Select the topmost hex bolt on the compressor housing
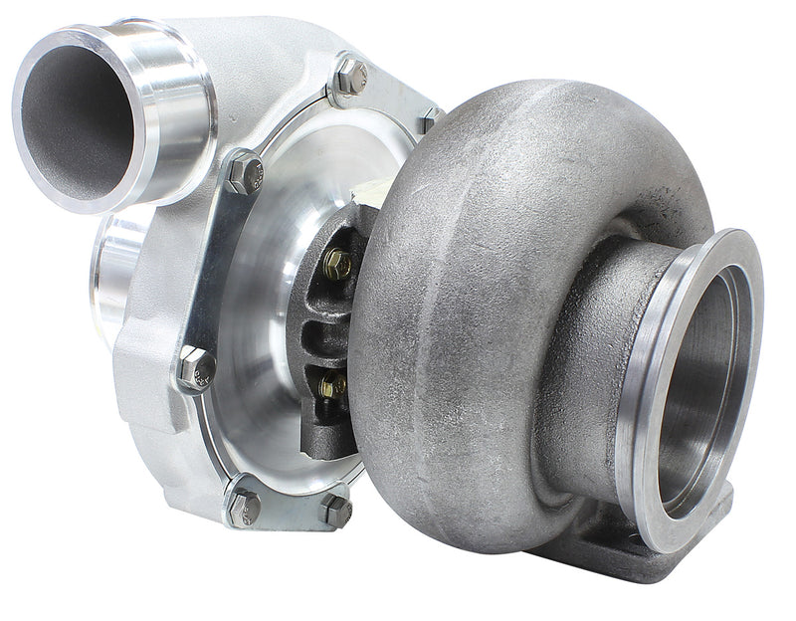[349, 76]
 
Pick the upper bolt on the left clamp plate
[244, 174]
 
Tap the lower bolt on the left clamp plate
[195, 368]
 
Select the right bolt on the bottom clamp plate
[336, 510]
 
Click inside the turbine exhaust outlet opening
[711, 388]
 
